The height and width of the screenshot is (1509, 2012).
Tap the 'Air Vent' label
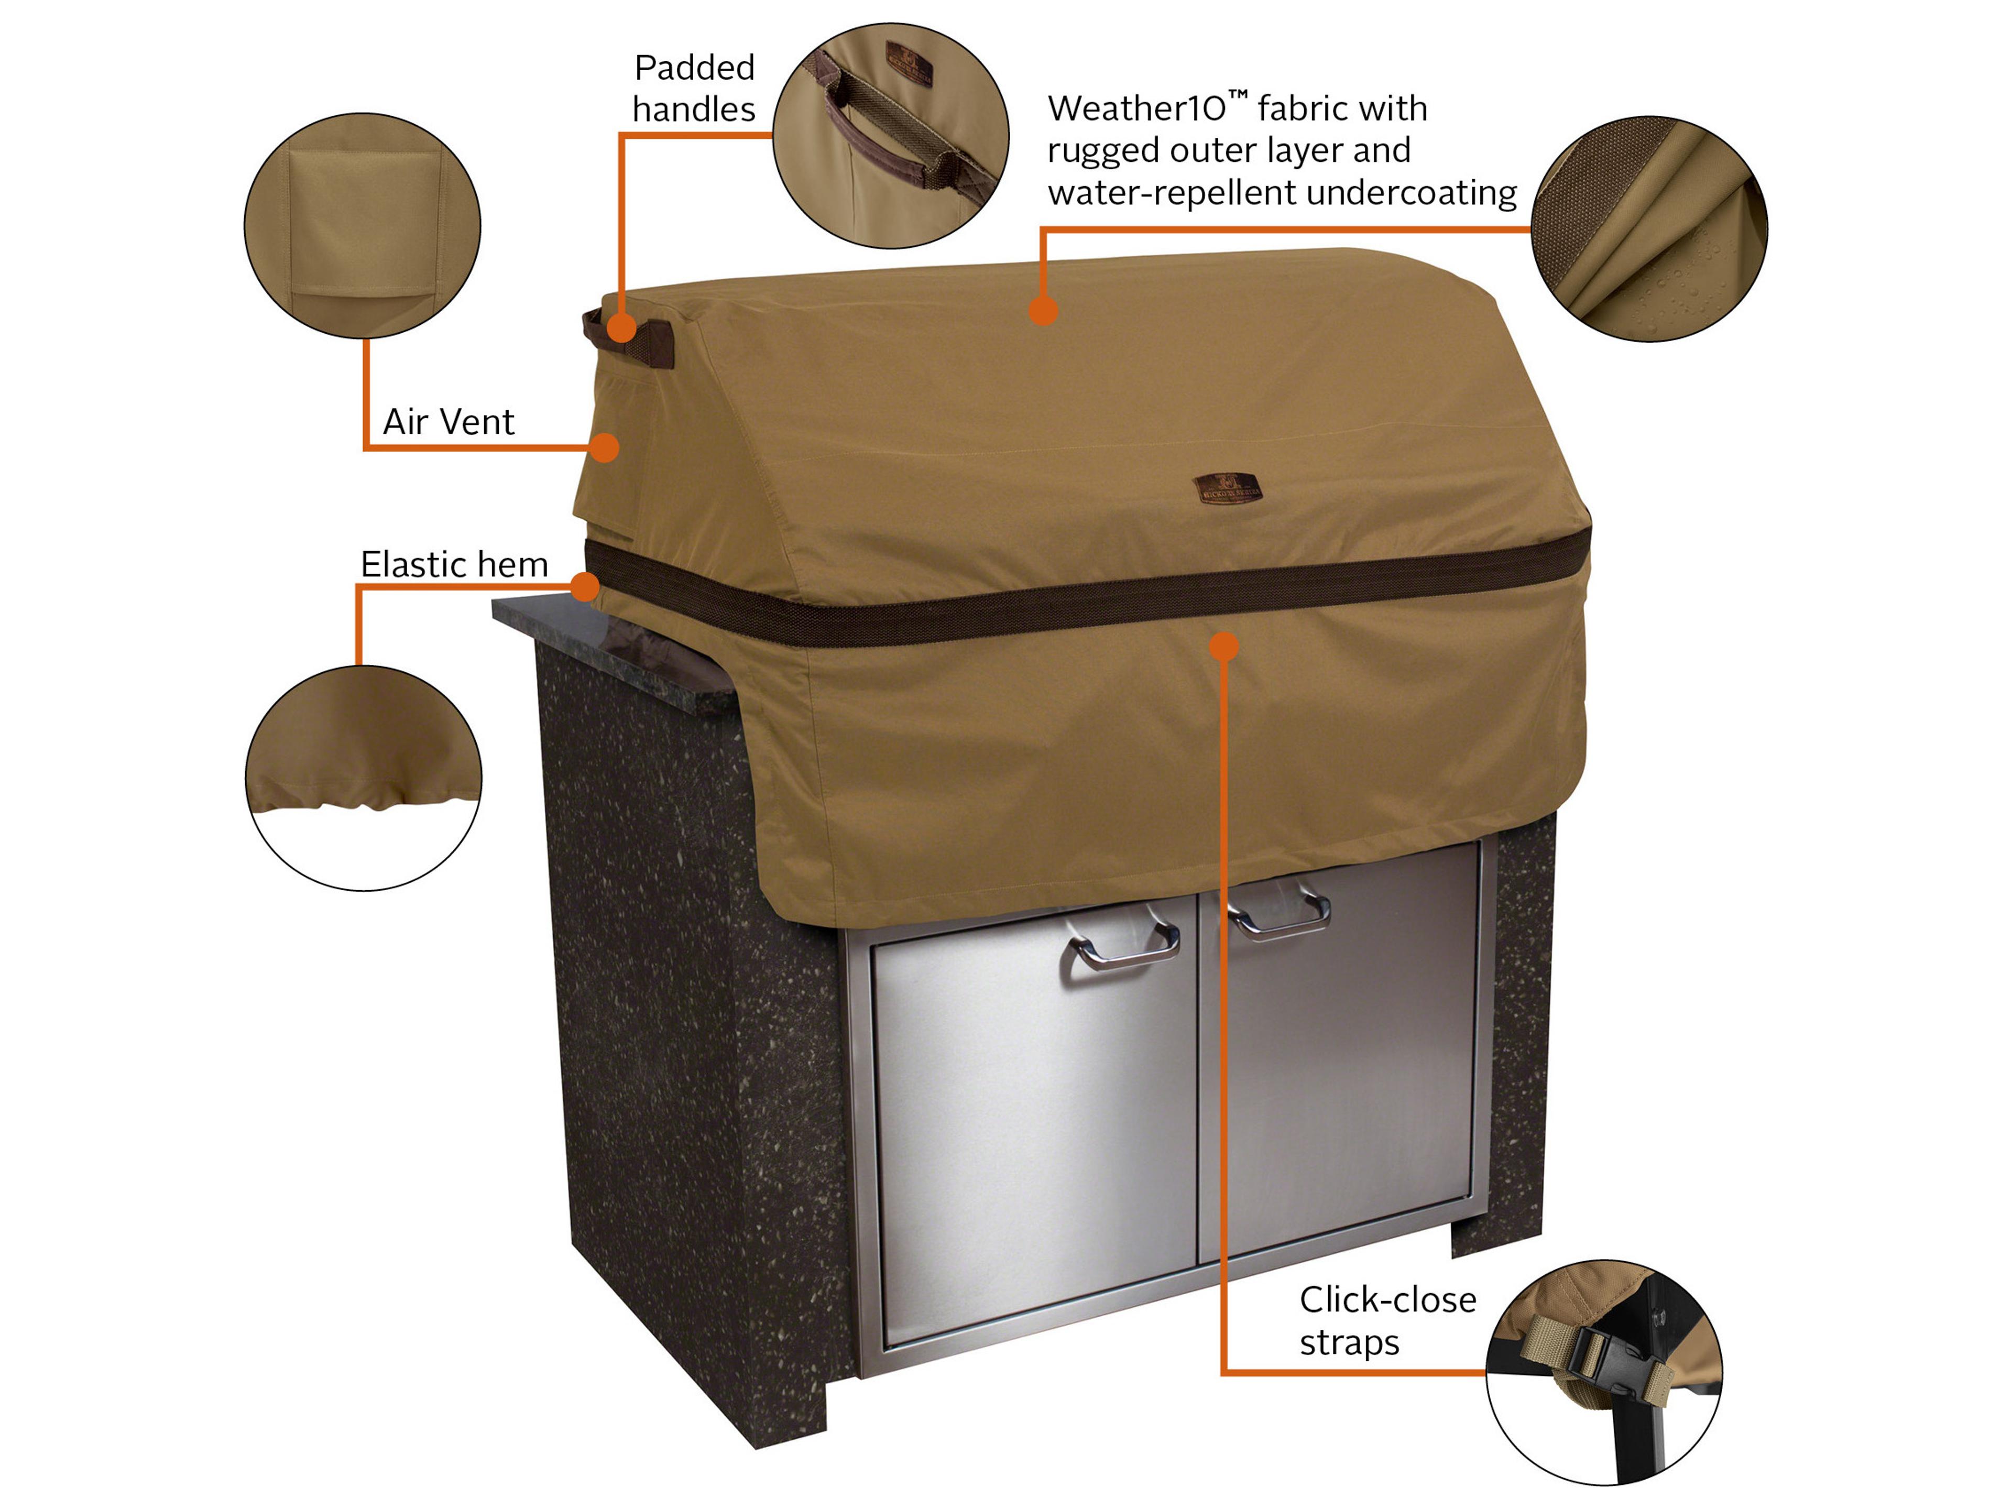point(449,422)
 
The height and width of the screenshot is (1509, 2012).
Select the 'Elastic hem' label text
point(454,565)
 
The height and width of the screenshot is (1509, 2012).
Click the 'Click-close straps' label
point(1386,1320)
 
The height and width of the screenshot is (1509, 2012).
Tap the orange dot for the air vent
point(605,447)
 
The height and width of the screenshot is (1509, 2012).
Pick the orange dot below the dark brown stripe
point(1224,647)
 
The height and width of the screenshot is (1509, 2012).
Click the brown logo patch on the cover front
point(1227,488)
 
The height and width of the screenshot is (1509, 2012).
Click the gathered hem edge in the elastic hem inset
point(364,801)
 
